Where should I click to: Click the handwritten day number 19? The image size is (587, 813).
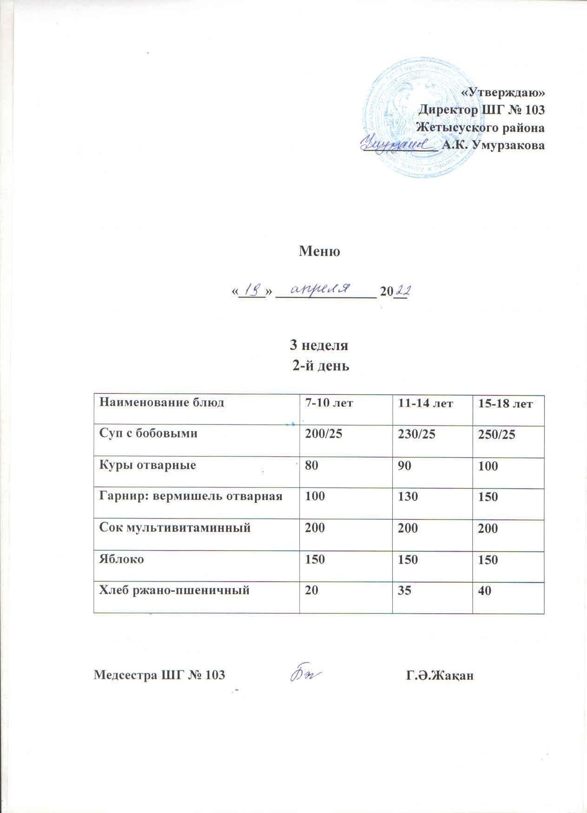pyautogui.click(x=251, y=290)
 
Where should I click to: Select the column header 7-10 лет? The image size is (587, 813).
pyautogui.click(x=328, y=403)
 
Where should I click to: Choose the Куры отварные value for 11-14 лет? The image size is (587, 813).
pyautogui.click(x=400, y=466)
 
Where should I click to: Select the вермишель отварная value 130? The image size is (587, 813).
pyautogui.click(x=405, y=497)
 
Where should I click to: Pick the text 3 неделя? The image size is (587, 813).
pyautogui.click(x=319, y=346)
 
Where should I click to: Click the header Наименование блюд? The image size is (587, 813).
pyautogui.click(x=162, y=402)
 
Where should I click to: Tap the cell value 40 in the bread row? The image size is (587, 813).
pyautogui.click(x=486, y=590)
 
